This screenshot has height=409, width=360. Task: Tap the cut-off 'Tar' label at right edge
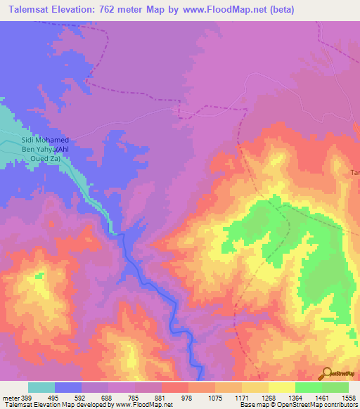click(355, 172)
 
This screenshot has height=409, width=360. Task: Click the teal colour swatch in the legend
click(41, 387)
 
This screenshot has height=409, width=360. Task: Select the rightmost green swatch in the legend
click(335, 387)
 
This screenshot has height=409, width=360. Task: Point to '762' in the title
click(124, 10)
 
